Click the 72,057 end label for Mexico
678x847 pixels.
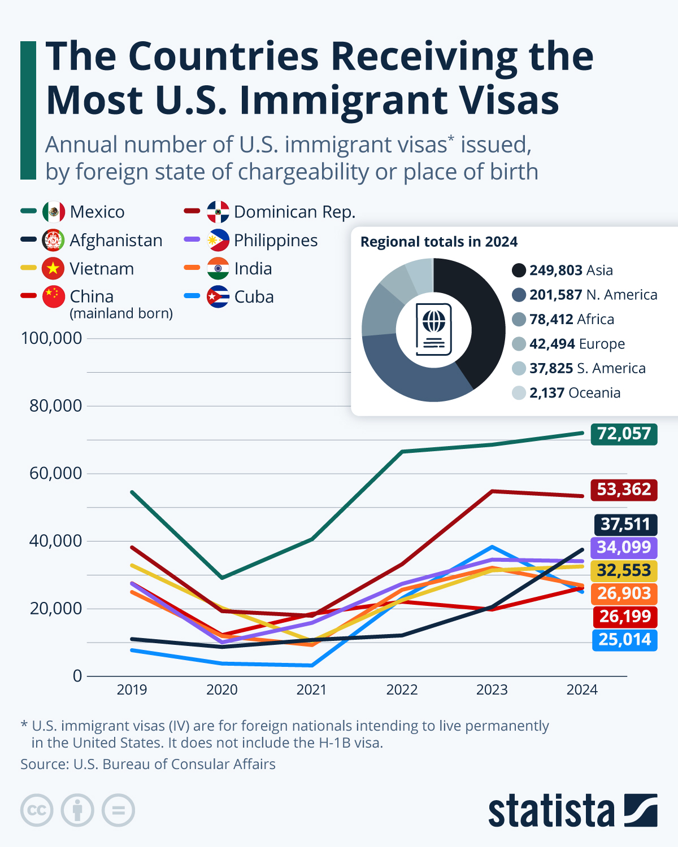pyautogui.click(x=624, y=434)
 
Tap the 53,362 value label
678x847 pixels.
pyautogui.click(x=624, y=489)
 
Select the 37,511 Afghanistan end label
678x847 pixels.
pyautogui.click(x=625, y=525)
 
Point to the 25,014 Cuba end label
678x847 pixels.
pyautogui.click(x=624, y=640)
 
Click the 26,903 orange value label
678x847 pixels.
pyautogui.click(x=624, y=593)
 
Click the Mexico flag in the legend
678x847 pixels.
pyautogui.click(x=54, y=212)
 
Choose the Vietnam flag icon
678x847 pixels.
pyautogui.click(x=53, y=269)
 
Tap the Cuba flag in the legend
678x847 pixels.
pyautogui.click(x=218, y=297)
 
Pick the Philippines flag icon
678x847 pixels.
pyautogui.click(x=218, y=241)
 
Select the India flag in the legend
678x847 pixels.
pyautogui.click(x=218, y=269)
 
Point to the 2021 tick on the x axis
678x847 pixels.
pyautogui.click(x=311, y=689)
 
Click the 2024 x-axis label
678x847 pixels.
pyautogui.click(x=582, y=689)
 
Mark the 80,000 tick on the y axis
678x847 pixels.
pyautogui.click(x=55, y=406)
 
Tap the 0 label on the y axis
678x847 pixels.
pyautogui.click(x=77, y=676)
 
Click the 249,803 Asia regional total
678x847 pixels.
pyautogui.click(x=571, y=270)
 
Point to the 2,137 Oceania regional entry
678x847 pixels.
pyautogui.click(x=574, y=393)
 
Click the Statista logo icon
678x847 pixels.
pyautogui.click(x=641, y=810)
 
